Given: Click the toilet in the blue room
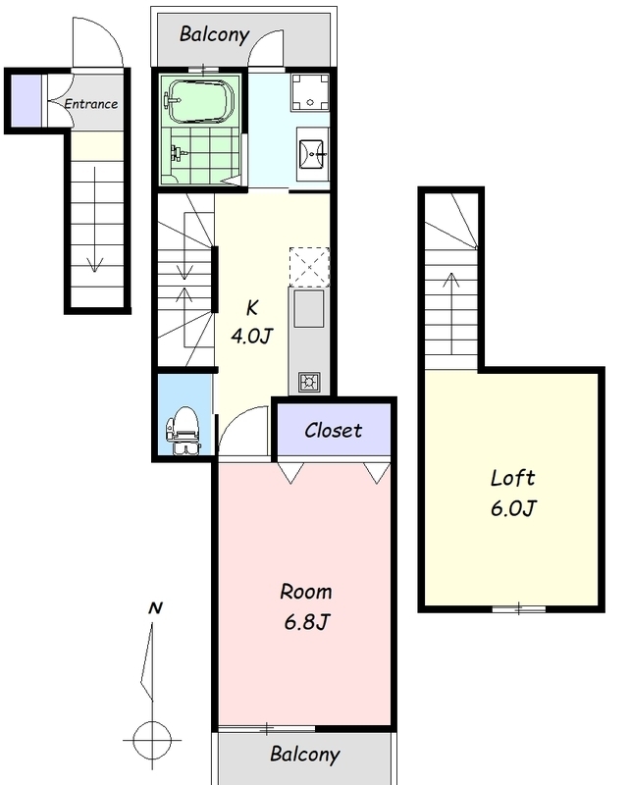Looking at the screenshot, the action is pyautogui.click(x=184, y=430).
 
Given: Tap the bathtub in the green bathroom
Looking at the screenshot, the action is pyautogui.click(x=200, y=101).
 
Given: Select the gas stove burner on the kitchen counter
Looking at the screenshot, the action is pyautogui.click(x=309, y=383).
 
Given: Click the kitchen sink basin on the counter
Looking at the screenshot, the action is pyautogui.click(x=308, y=309).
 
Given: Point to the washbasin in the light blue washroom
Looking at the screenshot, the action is pyautogui.click(x=312, y=153).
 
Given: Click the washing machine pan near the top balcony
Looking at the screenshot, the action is pyautogui.click(x=310, y=92).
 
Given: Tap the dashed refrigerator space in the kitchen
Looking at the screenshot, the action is pyautogui.click(x=309, y=267).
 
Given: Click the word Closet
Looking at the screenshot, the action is pyautogui.click(x=333, y=430).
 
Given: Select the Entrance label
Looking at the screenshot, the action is pyautogui.click(x=91, y=104).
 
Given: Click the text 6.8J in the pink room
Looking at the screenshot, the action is pyautogui.click(x=307, y=622).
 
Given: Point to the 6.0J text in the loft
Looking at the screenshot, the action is pyautogui.click(x=513, y=508).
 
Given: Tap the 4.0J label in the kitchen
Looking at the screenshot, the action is pyautogui.click(x=252, y=336).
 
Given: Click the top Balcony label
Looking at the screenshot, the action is pyautogui.click(x=214, y=34).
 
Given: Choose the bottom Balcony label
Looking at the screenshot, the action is pyautogui.click(x=305, y=754).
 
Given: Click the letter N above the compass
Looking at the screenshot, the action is pyautogui.click(x=155, y=607).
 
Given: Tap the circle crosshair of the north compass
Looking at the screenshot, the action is pyautogui.click(x=152, y=740).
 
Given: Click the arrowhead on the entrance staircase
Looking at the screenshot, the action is pyautogui.click(x=94, y=264).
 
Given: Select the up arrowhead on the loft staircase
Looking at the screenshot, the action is pyautogui.click(x=451, y=280).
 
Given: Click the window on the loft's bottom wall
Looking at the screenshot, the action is pyautogui.click(x=519, y=609).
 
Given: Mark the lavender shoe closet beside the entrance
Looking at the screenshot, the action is pyautogui.click(x=26, y=100).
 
